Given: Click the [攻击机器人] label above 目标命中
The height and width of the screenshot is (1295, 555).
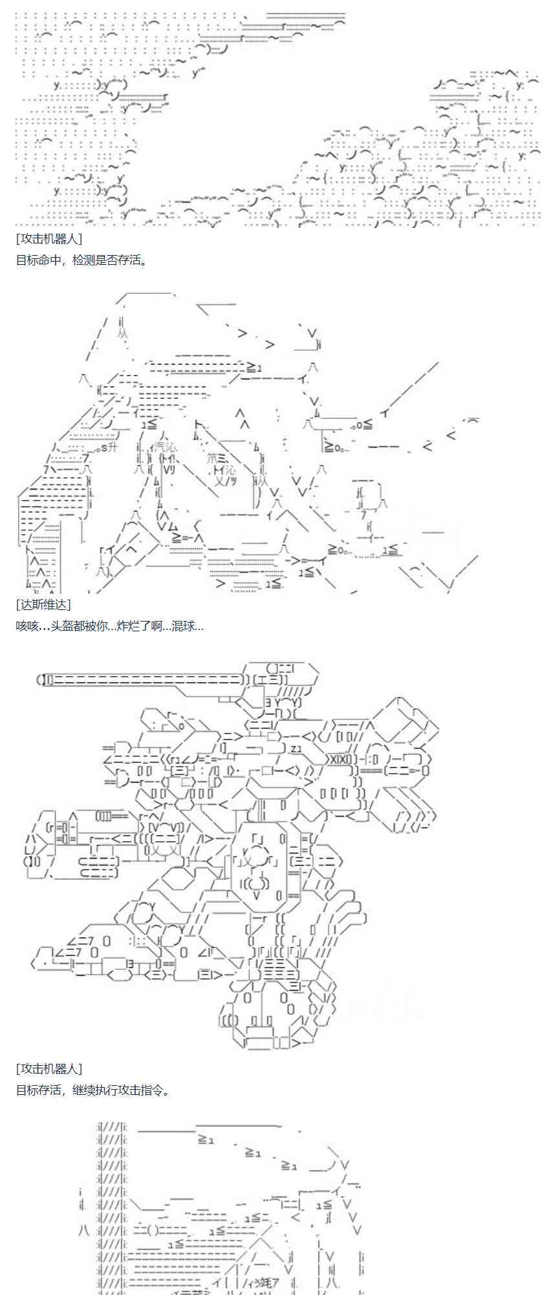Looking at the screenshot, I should (49, 239).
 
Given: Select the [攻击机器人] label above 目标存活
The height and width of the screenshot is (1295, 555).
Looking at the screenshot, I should (49, 1069).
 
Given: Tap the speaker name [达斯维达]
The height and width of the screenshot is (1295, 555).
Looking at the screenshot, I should (43, 604).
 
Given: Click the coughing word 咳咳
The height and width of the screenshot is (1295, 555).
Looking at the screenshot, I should (27, 626).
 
